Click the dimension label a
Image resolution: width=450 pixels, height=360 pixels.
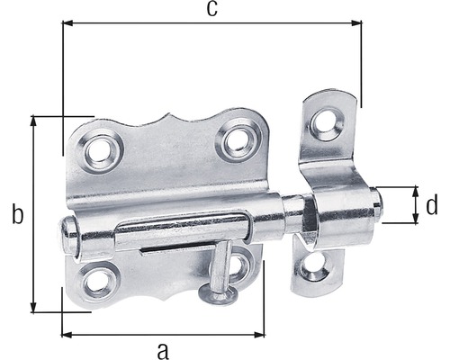click(x=162, y=347)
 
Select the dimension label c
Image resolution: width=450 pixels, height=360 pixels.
click(x=211, y=9)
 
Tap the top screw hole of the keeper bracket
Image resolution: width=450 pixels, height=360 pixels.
click(x=328, y=120)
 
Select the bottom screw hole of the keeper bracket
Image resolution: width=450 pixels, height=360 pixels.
click(x=314, y=264)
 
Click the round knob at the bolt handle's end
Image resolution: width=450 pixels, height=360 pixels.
click(x=213, y=294)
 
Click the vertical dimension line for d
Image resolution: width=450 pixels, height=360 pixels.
click(x=415, y=205)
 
